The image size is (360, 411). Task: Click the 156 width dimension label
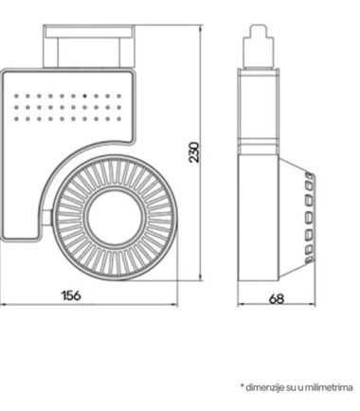click(71, 295)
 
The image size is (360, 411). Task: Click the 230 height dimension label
click(194, 152)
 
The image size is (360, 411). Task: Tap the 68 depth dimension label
click(277, 298)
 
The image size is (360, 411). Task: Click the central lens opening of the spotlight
click(116, 218)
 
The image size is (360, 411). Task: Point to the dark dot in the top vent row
click(84, 96)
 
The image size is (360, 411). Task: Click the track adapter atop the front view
click(89, 46)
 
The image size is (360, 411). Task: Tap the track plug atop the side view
click(259, 46)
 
